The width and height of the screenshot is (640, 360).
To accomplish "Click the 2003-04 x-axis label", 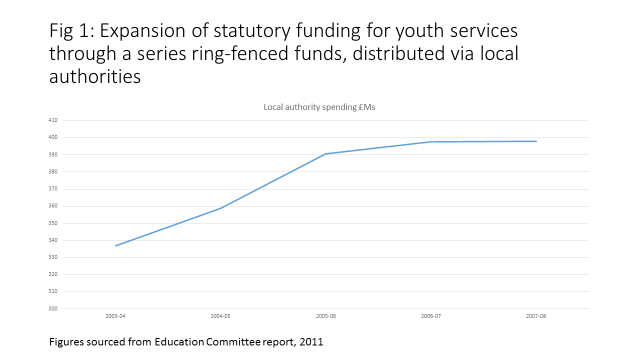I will pos(116,315).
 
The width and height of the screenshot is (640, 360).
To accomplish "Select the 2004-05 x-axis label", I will pos(221,315).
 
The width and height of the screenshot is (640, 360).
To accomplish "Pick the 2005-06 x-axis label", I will pos(326,315).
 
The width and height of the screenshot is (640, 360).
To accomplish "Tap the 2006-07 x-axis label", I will pos(431,315).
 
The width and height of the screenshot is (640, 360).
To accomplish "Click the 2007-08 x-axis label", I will pos(536,315).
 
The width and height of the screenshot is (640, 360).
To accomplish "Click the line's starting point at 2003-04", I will pos(116,246).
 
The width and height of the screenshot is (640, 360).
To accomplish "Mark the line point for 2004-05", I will pos(221,208).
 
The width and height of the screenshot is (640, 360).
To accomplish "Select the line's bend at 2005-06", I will pos(326,154).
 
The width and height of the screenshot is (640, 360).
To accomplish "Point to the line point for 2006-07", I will pos(431,142).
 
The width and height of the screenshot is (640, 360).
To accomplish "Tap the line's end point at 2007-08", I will pos(536,141).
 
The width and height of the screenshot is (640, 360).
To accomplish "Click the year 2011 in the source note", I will pos(311,343).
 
